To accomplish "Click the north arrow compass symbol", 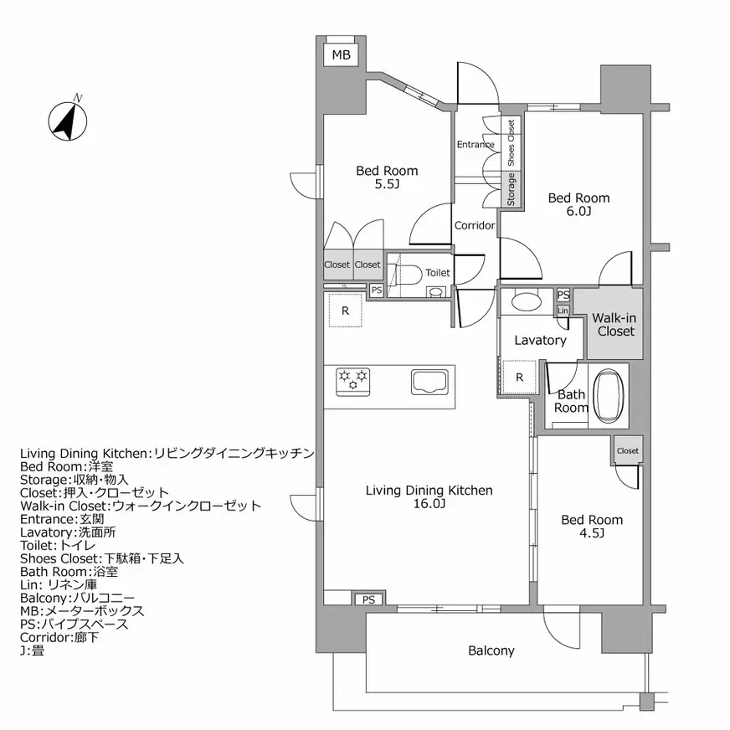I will pyautogui.click(x=66, y=120).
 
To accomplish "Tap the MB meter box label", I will pyautogui.click(x=341, y=55).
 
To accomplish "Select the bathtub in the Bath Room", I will pyautogui.click(x=609, y=395).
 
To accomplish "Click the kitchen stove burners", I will pyautogui.click(x=353, y=381).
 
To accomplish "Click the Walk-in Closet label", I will pyautogui.click(x=614, y=325).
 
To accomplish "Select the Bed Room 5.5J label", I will pyautogui.click(x=387, y=177).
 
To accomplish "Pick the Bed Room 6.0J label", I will pyautogui.click(x=578, y=204).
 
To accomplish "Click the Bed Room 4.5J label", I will pyautogui.click(x=591, y=526).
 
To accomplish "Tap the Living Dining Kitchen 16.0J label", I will pyautogui.click(x=429, y=497).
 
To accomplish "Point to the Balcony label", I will pyautogui.click(x=491, y=650).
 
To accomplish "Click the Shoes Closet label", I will pyautogui.click(x=511, y=140).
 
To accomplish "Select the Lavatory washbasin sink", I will pyautogui.click(x=527, y=301).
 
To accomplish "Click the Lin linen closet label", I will pyautogui.click(x=563, y=311).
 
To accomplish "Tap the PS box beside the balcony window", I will pyautogui.click(x=368, y=599).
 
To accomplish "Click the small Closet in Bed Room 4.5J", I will pyautogui.click(x=627, y=450).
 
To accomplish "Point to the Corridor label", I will pyautogui.click(x=475, y=225).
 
